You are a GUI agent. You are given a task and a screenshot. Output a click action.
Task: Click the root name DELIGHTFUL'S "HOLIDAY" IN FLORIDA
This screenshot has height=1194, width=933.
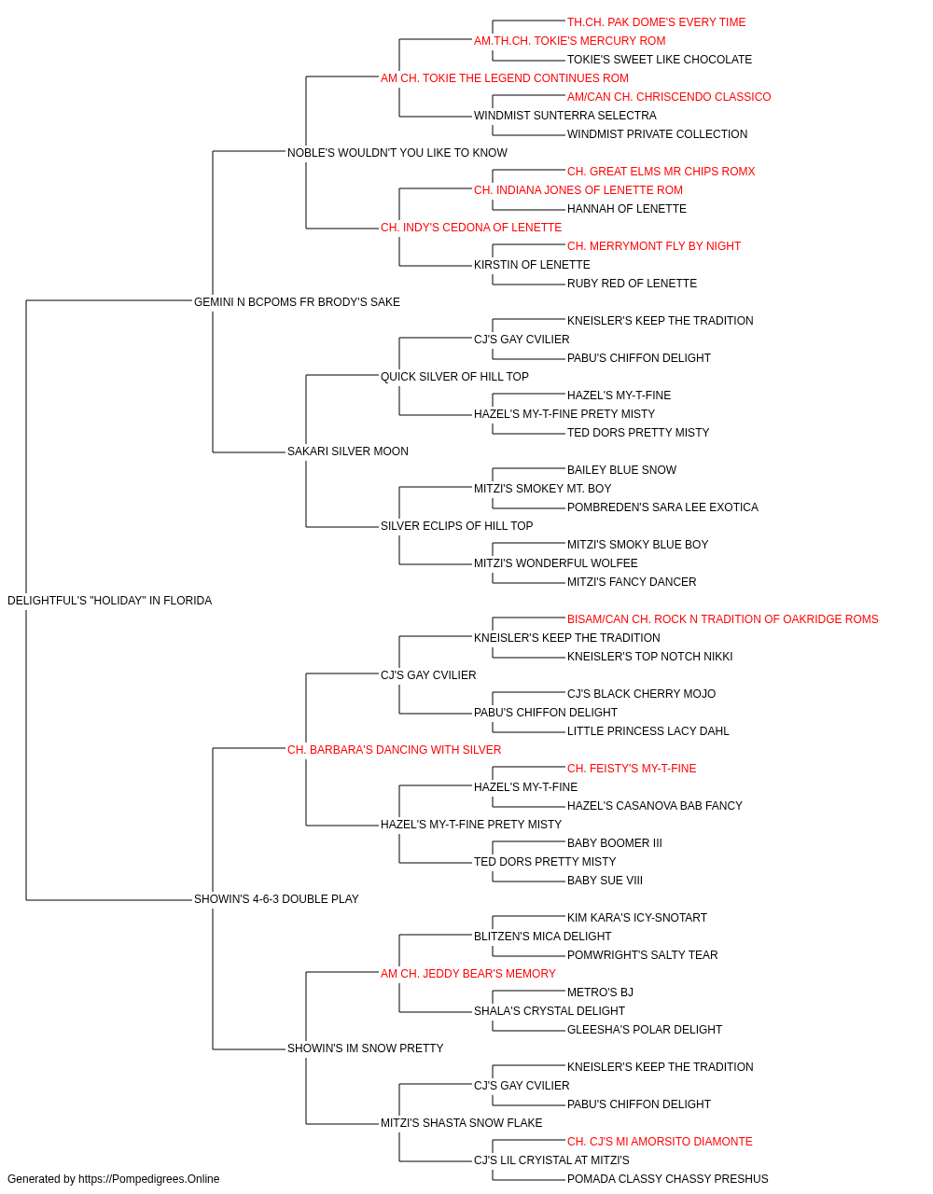point(109,601)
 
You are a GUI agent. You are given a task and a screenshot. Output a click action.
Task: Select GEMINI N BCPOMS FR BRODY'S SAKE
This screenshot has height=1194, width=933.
point(297,302)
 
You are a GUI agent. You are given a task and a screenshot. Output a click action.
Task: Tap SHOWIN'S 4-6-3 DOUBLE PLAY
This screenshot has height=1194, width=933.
point(276,899)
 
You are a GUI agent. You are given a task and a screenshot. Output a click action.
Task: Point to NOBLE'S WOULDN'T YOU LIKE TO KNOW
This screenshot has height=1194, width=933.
point(397,153)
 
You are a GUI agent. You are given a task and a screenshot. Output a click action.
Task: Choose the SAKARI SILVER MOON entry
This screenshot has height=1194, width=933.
point(347,451)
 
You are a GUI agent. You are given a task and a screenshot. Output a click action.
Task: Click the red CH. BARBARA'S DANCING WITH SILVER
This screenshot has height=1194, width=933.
point(394,749)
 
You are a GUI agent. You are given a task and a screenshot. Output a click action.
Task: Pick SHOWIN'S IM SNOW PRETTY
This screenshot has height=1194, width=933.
point(365,1048)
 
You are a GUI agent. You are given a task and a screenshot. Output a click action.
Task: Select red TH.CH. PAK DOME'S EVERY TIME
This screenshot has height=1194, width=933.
point(656,22)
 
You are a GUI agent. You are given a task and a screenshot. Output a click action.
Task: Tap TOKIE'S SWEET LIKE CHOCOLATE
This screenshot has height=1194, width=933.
point(660,60)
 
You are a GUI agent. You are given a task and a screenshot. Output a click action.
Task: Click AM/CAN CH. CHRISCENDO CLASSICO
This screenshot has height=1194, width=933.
point(669,97)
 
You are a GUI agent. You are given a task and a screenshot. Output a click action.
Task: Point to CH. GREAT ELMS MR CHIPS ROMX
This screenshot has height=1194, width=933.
point(661,172)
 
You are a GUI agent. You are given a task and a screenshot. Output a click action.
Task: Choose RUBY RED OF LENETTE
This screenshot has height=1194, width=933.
point(632,284)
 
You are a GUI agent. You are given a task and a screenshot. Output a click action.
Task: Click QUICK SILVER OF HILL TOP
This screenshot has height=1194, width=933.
point(454,376)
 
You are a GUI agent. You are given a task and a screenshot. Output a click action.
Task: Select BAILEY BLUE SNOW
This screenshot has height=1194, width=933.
point(621,470)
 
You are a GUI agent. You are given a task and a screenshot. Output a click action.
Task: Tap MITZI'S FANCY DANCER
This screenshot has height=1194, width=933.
point(632,582)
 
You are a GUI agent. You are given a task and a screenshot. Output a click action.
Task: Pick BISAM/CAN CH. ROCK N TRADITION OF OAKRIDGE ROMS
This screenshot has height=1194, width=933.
point(722,619)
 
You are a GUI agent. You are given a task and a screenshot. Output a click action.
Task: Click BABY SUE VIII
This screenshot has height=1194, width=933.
point(605,881)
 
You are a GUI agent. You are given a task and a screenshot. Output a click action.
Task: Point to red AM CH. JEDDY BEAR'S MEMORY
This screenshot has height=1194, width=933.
point(468,974)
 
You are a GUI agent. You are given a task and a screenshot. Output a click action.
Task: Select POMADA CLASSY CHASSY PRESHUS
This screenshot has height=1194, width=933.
point(668,1179)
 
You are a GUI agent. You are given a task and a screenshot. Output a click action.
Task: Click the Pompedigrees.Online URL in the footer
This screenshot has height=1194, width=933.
point(148,1179)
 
